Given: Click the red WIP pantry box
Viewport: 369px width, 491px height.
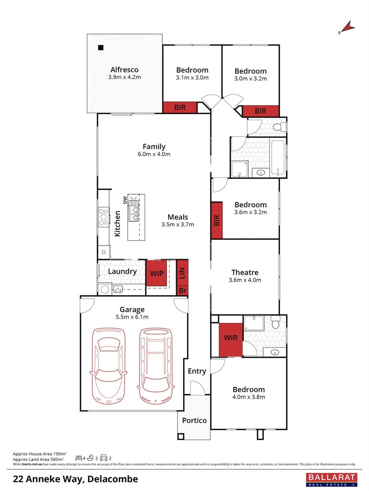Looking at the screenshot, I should [x=157, y=273].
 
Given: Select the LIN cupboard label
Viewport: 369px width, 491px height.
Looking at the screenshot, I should [x=182, y=273].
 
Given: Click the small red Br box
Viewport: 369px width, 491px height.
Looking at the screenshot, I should [x=182, y=290].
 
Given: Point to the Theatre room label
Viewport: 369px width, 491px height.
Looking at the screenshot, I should [x=245, y=272].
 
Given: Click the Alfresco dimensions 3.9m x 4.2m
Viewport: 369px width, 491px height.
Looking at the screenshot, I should [x=124, y=77].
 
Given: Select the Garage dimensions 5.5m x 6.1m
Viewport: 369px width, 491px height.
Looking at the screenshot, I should [x=132, y=317].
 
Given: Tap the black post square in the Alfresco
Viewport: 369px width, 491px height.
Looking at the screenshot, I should [x=101, y=47].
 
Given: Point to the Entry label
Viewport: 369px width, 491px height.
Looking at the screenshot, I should [x=197, y=371].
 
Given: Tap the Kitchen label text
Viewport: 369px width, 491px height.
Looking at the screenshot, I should [x=117, y=223].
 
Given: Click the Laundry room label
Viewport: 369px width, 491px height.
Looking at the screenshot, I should [x=122, y=271].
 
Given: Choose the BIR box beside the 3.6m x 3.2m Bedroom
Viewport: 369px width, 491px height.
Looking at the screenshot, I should [x=217, y=220].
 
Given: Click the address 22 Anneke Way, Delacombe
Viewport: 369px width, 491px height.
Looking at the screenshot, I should [x=76, y=479].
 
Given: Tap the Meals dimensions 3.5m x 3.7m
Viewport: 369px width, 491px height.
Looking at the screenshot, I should [x=177, y=225].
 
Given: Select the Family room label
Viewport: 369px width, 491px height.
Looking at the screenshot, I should [x=154, y=146].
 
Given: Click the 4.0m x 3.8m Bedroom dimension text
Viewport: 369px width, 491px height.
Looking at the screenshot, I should [x=248, y=397].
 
